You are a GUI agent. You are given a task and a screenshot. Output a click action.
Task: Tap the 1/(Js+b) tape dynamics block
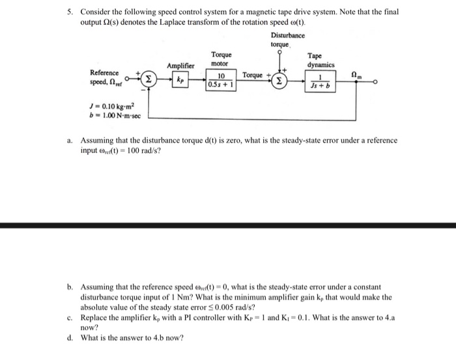pyautogui.click(x=321, y=83)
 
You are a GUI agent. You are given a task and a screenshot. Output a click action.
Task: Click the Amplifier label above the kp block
pyautogui.click(x=180, y=66)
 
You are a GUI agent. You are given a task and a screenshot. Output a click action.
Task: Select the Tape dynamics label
pyautogui.click(x=321, y=61)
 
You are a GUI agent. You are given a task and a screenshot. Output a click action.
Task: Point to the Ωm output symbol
pyautogui.click(x=355, y=75)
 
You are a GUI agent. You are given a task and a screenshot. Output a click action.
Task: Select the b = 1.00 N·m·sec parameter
pyautogui.click(x=109, y=116)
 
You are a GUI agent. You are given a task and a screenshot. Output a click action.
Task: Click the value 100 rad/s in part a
pyautogui.click(x=141, y=151)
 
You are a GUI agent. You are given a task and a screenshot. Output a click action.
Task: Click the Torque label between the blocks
pyautogui.click(x=252, y=76)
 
